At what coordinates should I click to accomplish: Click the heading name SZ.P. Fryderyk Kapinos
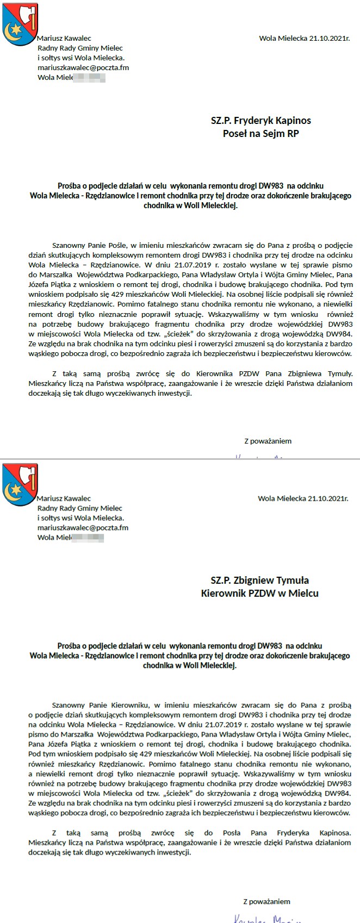[260, 120]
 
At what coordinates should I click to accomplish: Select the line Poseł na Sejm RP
[260, 134]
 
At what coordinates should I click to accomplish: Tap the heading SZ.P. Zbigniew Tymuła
[259, 580]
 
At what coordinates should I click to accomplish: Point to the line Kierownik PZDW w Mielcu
[259, 594]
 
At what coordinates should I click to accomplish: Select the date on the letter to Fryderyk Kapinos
[304, 38]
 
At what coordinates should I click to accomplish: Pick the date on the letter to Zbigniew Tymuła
[303, 498]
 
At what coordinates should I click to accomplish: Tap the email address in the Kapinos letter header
[83, 67]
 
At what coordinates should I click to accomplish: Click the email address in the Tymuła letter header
[83, 527]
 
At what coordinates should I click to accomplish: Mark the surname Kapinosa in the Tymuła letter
[332, 833]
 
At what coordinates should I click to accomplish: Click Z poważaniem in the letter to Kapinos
[268, 441]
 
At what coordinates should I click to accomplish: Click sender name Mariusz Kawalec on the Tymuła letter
[64, 498]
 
